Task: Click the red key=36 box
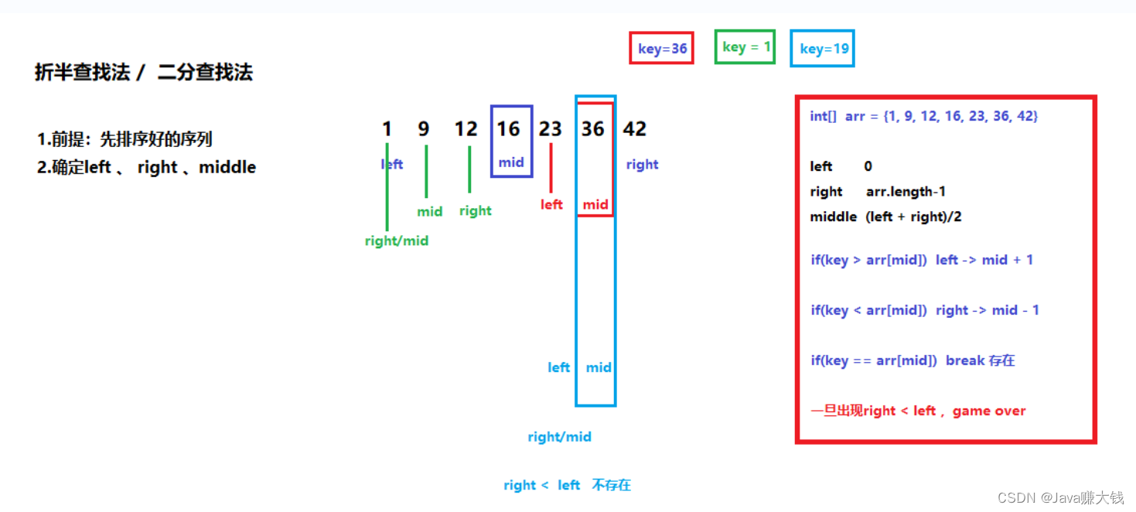tap(662, 49)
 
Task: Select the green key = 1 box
tap(745, 47)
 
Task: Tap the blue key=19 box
tap(823, 49)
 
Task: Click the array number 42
tap(634, 128)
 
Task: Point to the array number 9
tap(424, 128)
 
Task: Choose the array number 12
tap(466, 128)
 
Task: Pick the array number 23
tap(550, 128)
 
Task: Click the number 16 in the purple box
tap(508, 128)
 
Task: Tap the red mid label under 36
tap(595, 205)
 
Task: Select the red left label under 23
tap(551, 204)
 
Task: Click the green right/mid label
tap(397, 241)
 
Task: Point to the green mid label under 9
tap(429, 211)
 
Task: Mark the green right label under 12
tap(475, 210)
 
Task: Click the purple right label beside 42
tap(642, 164)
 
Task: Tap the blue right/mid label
tap(559, 437)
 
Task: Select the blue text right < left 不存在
tap(567, 485)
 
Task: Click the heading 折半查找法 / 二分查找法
tap(144, 73)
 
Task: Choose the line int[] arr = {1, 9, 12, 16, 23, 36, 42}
tap(923, 116)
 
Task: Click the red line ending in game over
tap(918, 411)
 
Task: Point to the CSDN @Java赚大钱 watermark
tap(1060, 497)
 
